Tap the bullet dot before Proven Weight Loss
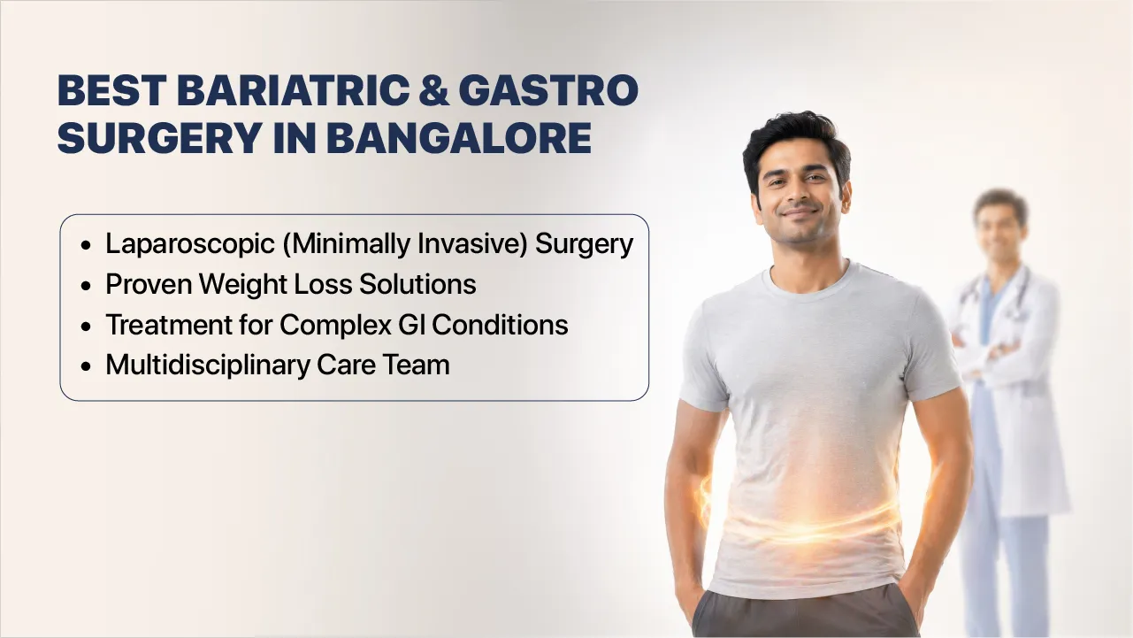[85, 286]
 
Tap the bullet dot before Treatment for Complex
[85, 327]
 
